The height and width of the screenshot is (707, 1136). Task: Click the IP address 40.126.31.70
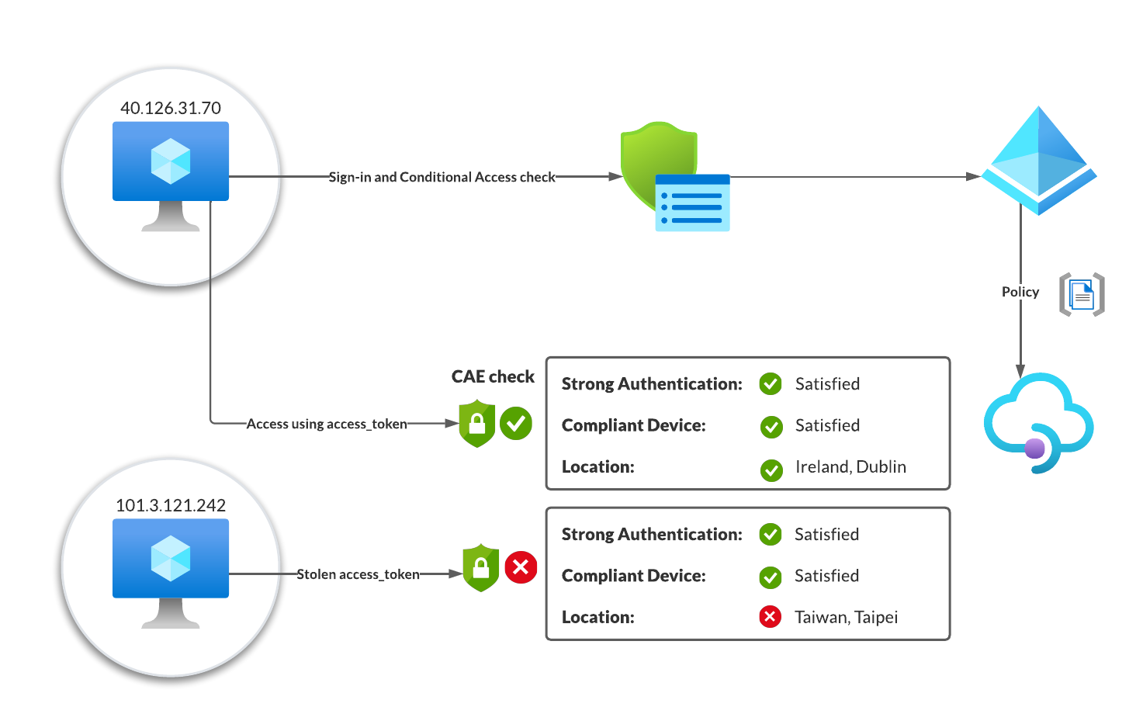(171, 108)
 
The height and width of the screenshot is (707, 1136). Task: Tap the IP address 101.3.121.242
(171, 505)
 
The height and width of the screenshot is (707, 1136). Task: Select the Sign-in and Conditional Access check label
(442, 177)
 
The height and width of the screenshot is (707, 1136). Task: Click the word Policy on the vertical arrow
(1020, 292)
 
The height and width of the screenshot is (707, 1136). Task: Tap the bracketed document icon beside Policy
(1082, 294)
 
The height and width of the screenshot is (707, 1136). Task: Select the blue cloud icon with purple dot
(1038, 424)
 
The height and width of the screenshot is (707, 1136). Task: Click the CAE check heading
(493, 376)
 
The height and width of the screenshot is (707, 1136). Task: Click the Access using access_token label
(327, 424)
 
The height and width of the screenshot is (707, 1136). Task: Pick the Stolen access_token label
(358, 574)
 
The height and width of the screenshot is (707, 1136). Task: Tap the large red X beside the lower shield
(521, 567)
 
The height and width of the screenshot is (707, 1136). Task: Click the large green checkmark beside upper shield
(516, 423)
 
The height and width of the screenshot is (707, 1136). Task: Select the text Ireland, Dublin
(850, 466)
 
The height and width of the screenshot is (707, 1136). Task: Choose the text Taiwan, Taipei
(846, 617)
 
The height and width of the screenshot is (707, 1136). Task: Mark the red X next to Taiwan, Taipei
(770, 617)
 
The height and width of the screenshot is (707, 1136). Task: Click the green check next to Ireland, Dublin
(771, 470)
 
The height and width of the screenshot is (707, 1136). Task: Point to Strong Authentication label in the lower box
(652, 534)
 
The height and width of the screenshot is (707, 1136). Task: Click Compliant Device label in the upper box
(633, 425)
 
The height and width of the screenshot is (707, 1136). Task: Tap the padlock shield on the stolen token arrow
(480, 568)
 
